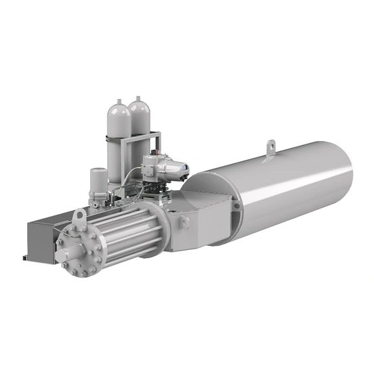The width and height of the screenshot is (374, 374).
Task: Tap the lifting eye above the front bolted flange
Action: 79,217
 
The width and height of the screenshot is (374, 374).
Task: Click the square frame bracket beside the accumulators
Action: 155,142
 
